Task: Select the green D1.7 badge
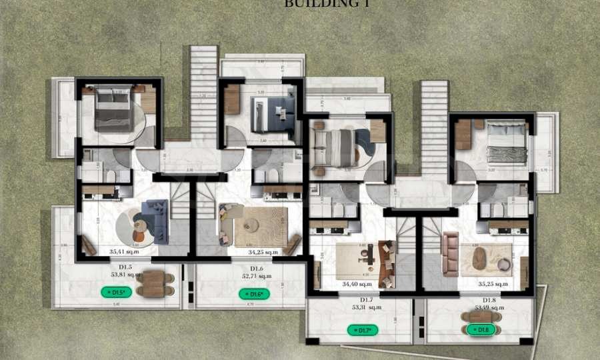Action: tap(363, 329)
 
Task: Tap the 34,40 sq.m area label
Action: tap(356, 284)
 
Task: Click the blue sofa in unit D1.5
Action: tap(156, 220)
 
